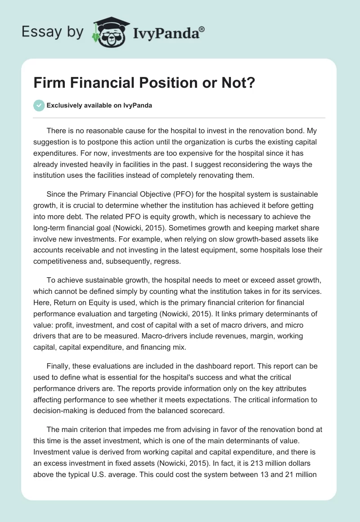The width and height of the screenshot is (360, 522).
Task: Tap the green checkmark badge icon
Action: click(39, 105)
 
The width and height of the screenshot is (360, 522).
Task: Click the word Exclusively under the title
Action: click(65, 106)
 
